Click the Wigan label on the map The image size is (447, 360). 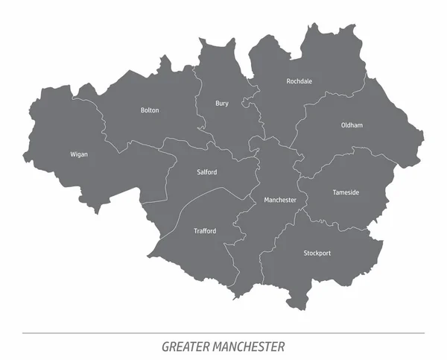(79, 154)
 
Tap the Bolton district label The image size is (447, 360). (150, 110)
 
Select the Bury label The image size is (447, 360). (222, 103)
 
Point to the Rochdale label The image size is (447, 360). (299, 81)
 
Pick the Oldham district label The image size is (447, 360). (352, 125)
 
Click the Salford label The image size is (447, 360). (207, 172)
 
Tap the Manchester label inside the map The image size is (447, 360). (280, 200)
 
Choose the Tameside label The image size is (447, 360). (345, 192)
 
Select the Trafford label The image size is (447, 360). (205, 231)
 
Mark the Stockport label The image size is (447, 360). (317, 253)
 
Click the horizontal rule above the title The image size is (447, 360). (223, 332)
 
